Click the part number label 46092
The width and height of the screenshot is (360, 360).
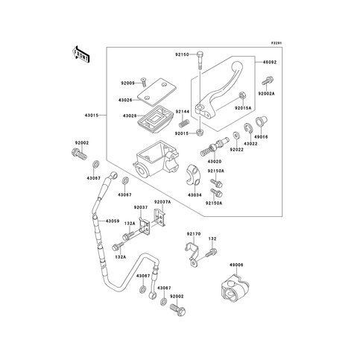(269, 65)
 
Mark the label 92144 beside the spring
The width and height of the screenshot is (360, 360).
(183, 111)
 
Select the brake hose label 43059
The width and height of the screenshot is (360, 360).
(113, 221)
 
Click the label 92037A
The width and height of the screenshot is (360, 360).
(162, 202)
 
